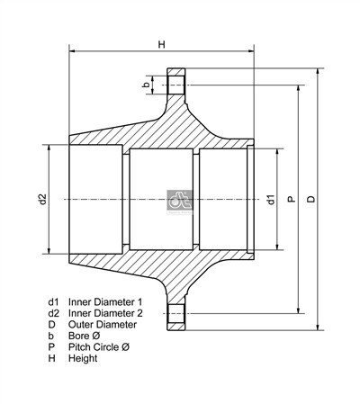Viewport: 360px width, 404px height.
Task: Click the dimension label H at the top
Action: coord(161,43)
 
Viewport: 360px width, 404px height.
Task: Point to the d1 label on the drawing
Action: coord(270,199)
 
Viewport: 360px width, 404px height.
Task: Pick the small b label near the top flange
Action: coord(146,85)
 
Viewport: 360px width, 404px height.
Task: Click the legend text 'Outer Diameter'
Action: coord(102,324)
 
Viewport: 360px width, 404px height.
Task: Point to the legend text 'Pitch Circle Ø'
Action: coord(99,346)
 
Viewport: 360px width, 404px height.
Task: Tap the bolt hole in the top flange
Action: coord(175,85)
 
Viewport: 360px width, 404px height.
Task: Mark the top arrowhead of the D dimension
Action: coord(318,70)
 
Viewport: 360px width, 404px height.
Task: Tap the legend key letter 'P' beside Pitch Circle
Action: coord(52,346)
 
